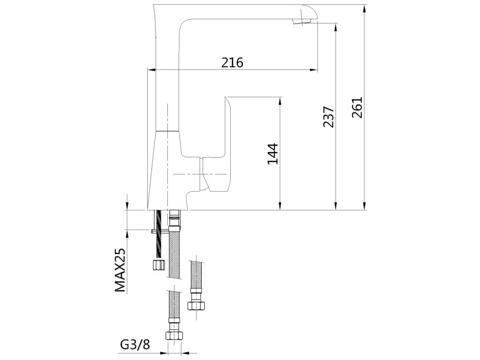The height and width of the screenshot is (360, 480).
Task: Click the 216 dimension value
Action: (232, 62)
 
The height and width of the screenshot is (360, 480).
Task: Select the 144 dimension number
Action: (273, 154)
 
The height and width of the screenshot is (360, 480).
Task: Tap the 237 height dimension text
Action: (329, 117)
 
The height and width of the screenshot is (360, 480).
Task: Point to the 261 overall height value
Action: (357, 107)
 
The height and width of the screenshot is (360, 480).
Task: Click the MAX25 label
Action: (120, 270)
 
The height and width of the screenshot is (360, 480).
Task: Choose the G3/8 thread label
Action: (135, 345)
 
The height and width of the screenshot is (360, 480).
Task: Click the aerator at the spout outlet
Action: (301, 21)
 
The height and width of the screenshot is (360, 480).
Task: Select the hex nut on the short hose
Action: (196, 306)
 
